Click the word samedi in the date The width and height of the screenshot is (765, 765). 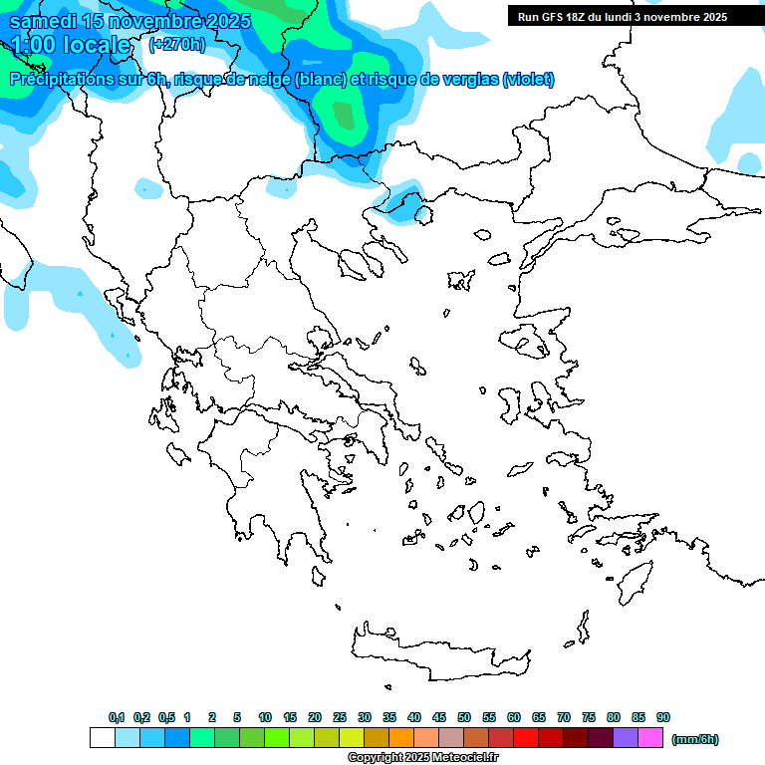pyautogui.click(x=45, y=21)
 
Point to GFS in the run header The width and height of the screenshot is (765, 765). pyautogui.click(x=555, y=17)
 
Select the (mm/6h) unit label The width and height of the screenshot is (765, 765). pyautogui.click(x=694, y=739)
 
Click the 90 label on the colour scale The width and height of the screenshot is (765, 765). pyautogui.click(x=663, y=717)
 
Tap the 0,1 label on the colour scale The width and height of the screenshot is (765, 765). pyautogui.click(x=117, y=717)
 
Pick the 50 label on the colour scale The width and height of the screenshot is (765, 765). pyautogui.click(x=464, y=717)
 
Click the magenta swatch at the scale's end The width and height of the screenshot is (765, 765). pyautogui.click(x=651, y=738)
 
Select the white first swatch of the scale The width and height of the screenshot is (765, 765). pyautogui.click(x=103, y=738)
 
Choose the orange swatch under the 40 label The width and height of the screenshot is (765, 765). pyautogui.click(x=401, y=738)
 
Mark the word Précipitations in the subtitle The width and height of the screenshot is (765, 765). pyautogui.click(x=58, y=80)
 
